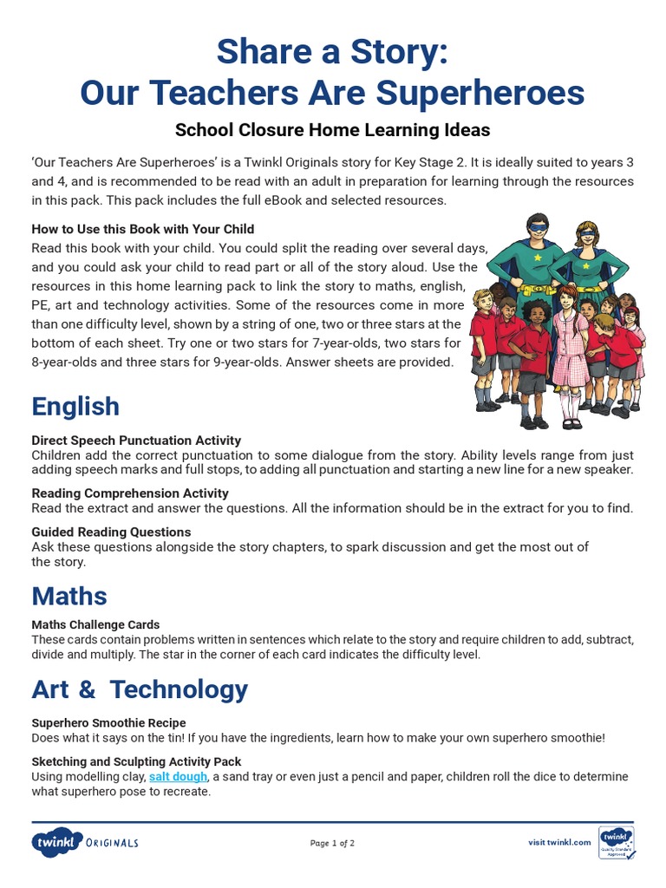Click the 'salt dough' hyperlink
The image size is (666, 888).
click(178, 776)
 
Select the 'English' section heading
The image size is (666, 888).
click(75, 406)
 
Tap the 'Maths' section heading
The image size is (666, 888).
click(69, 596)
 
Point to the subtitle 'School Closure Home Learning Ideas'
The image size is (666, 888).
click(332, 130)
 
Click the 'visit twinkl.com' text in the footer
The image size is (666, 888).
click(559, 842)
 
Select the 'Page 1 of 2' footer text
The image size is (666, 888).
click(332, 843)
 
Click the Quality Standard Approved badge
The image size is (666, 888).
click(616, 842)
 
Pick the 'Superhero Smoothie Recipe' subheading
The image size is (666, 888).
click(108, 722)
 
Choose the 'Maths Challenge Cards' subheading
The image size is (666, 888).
click(95, 624)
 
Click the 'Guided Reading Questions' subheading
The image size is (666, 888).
click(111, 532)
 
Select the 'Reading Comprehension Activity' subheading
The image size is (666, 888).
click(130, 493)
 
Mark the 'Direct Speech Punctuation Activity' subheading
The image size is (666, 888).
click(136, 441)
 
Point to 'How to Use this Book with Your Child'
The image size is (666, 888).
click(143, 229)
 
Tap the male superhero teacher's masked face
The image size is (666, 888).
click(539, 226)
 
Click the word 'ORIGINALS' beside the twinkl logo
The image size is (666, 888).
click(112, 843)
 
